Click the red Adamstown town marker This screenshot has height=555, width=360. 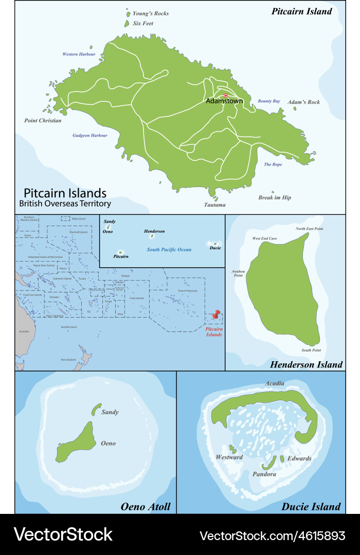tap(226, 95)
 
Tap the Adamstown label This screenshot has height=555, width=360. tap(224, 101)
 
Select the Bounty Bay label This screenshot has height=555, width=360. tap(269, 101)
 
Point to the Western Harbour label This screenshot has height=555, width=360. tap(79, 54)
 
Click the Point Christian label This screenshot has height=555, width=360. tap(43, 121)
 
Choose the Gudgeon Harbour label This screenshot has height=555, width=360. tap(90, 136)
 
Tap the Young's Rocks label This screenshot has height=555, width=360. tap(150, 13)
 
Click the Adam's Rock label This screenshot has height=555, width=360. tap(303, 102)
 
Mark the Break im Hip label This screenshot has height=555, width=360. tap(274, 197)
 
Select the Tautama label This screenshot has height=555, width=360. tap(214, 205)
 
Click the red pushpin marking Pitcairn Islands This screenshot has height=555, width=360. tap(216, 313)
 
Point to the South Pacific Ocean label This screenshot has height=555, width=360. tap(169, 250)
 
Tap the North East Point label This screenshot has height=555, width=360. tap(309, 228)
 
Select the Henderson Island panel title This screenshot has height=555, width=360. tap(306, 364)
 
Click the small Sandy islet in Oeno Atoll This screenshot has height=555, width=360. tap(96, 410)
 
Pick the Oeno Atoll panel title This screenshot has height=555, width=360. tap(146, 507)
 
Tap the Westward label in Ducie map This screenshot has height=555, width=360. tap(229, 457)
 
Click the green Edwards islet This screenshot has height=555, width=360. tap(282, 458)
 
